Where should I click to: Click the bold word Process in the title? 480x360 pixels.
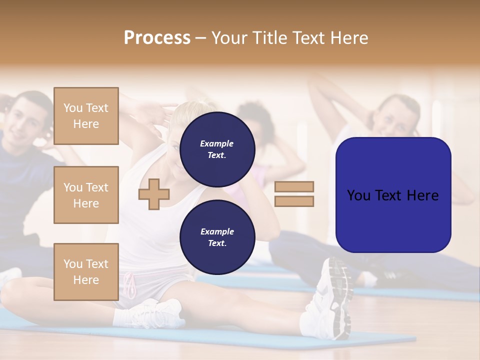pyautogui.click(x=157, y=38)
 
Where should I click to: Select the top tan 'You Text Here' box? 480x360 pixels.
pyautogui.click(x=86, y=116)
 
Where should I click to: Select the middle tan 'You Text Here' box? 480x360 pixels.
pyautogui.click(x=86, y=195)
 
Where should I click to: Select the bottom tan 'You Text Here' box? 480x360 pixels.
pyautogui.click(x=86, y=271)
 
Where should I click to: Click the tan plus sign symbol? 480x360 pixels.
pyautogui.click(x=154, y=194)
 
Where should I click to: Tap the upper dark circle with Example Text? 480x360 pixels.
pyautogui.click(x=217, y=149)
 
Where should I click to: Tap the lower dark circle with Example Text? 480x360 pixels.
pyautogui.click(x=217, y=237)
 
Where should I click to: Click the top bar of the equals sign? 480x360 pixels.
pyautogui.click(x=294, y=186)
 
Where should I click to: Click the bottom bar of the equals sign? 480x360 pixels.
pyautogui.click(x=294, y=201)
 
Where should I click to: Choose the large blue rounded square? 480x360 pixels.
pyautogui.click(x=393, y=195)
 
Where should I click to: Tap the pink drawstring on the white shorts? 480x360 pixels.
pyautogui.click(x=130, y=285)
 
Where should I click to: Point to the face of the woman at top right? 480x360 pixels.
pyautogui.click(x=397, y=117)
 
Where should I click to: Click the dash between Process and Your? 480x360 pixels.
pyautogui.click(x=200, y=38)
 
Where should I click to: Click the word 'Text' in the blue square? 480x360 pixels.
pyautogui.click(x=392, y=195)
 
